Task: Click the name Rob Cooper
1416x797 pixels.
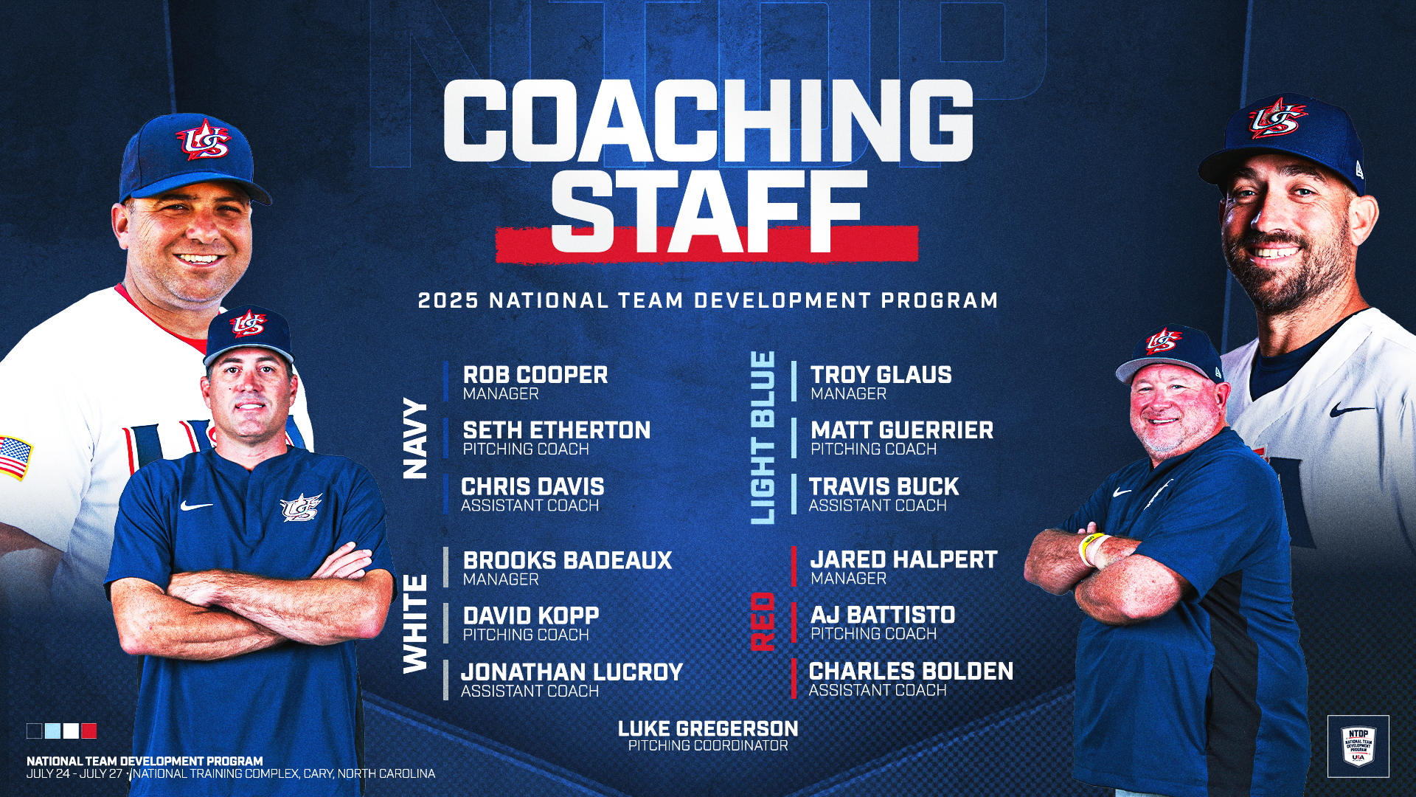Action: point(535,375)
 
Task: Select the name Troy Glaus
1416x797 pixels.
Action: point(881,375)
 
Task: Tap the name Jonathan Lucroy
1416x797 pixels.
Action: point(572,672)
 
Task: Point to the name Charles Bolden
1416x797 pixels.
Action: point(912,672)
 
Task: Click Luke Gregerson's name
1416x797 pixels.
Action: point(708,729)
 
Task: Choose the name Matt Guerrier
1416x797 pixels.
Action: point(902,430)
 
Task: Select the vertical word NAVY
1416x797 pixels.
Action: point(416,439)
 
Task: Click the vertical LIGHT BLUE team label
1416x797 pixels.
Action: point(763,438)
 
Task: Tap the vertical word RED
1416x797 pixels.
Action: point(763,621)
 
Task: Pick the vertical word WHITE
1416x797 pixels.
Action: point(416,624)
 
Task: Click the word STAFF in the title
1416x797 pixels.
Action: point(709,210)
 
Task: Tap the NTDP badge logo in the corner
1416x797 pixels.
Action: point(1358,746)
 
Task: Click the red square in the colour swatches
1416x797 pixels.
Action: point(89,731)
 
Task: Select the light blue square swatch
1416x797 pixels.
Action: point(52,731)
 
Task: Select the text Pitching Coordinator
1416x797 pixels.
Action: point(708,746)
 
